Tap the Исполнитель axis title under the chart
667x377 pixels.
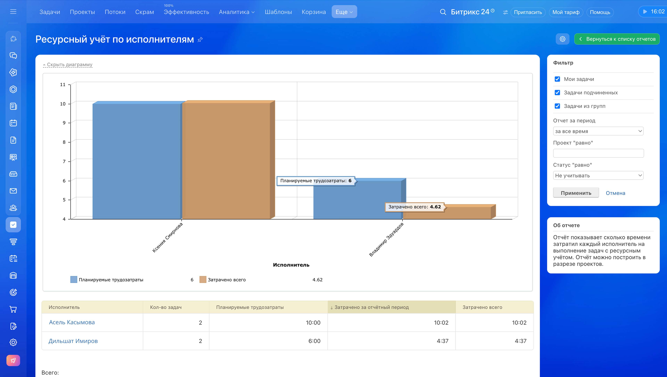(x=291, y=265)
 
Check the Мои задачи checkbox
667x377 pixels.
(x=557, y=79)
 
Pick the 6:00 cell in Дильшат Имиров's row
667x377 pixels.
(x=314, y=341)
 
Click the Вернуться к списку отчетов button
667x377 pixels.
(x=617, y=39)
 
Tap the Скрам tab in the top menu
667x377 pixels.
(x=145, y=12)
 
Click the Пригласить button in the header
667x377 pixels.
(x=528, y=12)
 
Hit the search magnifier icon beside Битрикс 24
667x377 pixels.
(x=443, y=12)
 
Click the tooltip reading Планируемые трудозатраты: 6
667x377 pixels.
(x=316, y=181)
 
